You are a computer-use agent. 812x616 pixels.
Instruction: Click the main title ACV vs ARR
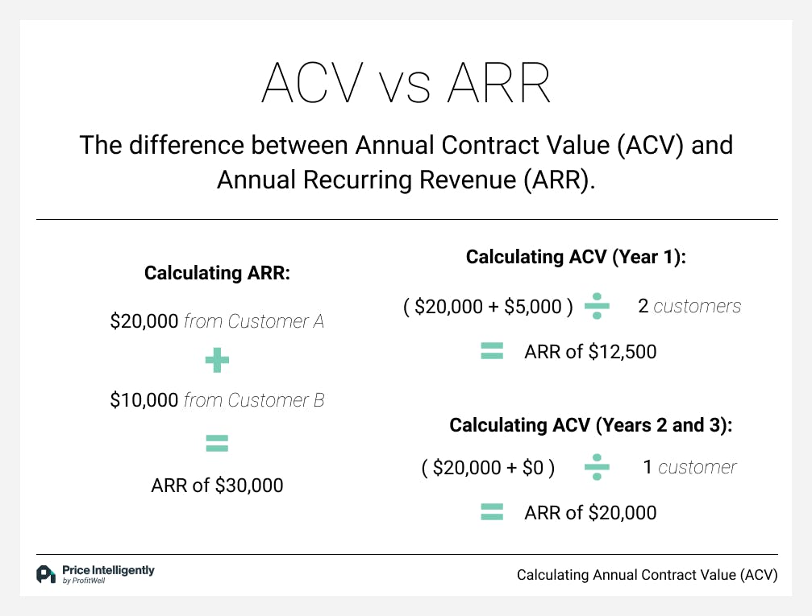[406, 82]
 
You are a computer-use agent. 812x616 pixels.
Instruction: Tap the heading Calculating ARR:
[217, 273]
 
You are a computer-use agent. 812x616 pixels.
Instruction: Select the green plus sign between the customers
[217, 362]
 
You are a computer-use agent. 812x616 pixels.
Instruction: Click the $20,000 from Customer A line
[217, 321]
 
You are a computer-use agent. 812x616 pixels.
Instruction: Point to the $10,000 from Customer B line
[217, 400]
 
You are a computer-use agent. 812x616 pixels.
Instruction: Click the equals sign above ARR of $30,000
[217, 442]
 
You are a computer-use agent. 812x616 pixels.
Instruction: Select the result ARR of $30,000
[217, 486]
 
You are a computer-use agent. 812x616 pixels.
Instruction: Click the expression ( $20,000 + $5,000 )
[488, 307]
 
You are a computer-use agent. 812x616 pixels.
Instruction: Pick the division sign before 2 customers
[597, 307]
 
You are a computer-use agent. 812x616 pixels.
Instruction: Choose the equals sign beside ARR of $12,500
[492, 351]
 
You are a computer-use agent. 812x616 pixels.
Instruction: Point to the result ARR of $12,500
[590, 352]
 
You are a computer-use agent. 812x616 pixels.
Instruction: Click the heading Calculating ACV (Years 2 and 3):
[590, 425]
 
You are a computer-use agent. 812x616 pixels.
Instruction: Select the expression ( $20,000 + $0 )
[488, 468]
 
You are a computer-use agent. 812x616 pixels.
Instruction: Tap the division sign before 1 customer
[597, 468]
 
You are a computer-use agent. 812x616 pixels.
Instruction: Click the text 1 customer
[689, 468]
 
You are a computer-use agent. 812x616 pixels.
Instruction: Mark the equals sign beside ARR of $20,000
[492, 512]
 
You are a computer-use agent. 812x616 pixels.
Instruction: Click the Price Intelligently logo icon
[45, 574]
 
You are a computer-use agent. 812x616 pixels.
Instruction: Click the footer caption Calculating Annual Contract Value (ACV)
[647, 575]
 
